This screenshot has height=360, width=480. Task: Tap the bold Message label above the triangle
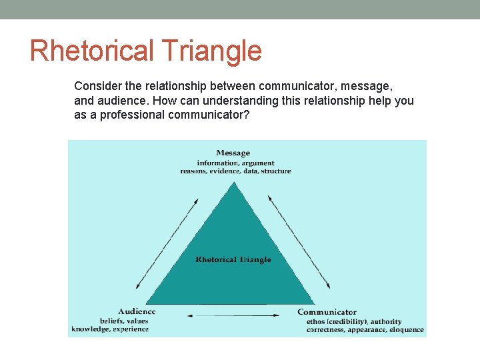click(x=233, y=153)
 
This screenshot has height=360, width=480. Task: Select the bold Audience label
click(x=137, y=311)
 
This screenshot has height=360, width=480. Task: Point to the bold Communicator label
click(x=327, y=312)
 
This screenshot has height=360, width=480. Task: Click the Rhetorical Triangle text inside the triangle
click(x=233, y=259)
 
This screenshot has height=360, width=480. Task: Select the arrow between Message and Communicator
click(x=299, y=242)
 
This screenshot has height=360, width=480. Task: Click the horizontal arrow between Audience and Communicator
click(x=233, y=315)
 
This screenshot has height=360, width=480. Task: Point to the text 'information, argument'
click(x=235, y=163)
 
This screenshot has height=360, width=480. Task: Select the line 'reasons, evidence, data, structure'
click(x=235, y=171)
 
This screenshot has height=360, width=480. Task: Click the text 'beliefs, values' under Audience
click(x=124, y=321)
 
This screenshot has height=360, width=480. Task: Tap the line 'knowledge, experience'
click(x=110, y=329)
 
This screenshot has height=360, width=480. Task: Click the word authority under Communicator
click(x=386, y=321)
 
